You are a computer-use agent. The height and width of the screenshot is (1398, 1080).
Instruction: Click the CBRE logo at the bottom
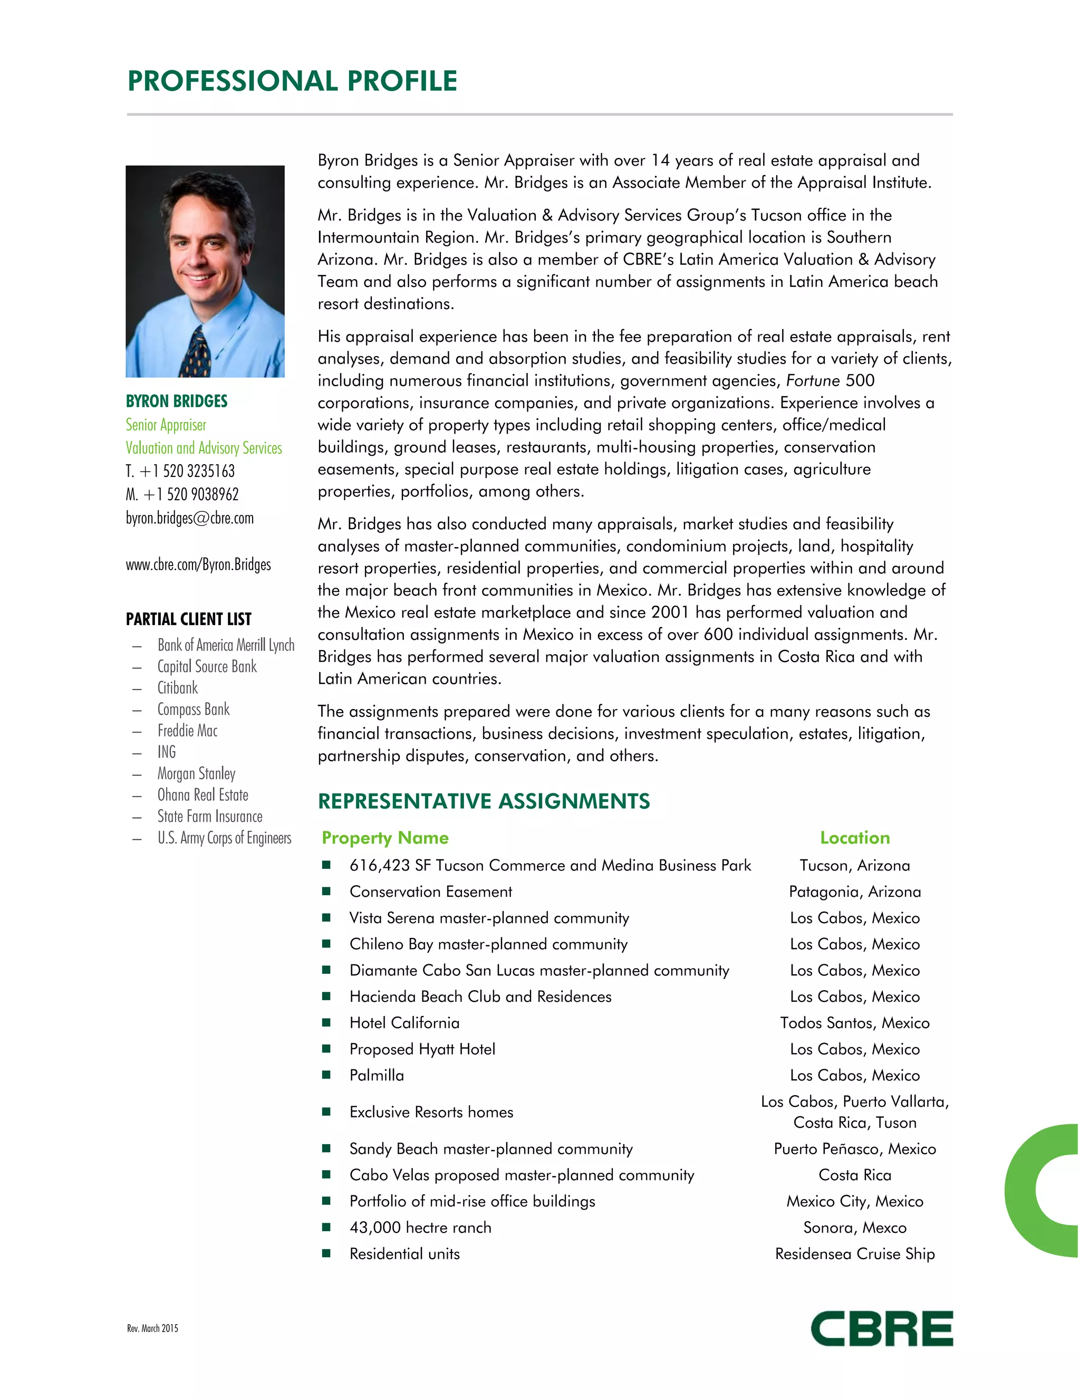(881, 1328)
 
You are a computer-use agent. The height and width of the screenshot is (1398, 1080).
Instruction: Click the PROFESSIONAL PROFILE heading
(292, 81)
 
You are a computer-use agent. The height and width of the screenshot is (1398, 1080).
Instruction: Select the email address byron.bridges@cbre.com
(189, 518)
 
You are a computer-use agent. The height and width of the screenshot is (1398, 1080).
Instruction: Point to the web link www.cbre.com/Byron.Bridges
(198, 564)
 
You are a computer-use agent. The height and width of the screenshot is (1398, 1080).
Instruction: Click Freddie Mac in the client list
(187, 731)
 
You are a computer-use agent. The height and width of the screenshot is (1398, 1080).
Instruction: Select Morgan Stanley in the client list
(196, 774)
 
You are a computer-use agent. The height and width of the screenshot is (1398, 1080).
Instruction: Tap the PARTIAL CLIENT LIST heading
(189, 619)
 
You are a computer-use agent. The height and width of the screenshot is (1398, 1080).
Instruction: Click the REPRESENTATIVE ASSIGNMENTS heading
(484, 801)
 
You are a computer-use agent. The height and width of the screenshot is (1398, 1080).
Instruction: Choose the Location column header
(855, 838)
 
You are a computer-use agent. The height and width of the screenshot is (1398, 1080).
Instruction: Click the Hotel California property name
(404, 1023)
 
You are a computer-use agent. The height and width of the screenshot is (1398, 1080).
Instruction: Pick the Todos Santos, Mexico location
(855, 1023)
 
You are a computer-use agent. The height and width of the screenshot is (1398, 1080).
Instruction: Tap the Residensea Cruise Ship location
(855, 1254)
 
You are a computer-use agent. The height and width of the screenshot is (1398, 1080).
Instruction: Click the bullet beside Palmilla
(326, 1075)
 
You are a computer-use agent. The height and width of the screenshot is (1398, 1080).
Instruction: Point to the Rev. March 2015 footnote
(152, 1328)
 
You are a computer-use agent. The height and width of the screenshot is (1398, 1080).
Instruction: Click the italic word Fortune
(813, 381)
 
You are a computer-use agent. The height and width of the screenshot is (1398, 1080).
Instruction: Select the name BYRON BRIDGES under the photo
(177, 401)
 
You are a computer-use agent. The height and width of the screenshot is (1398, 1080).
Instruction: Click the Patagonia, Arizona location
(855, 892)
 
